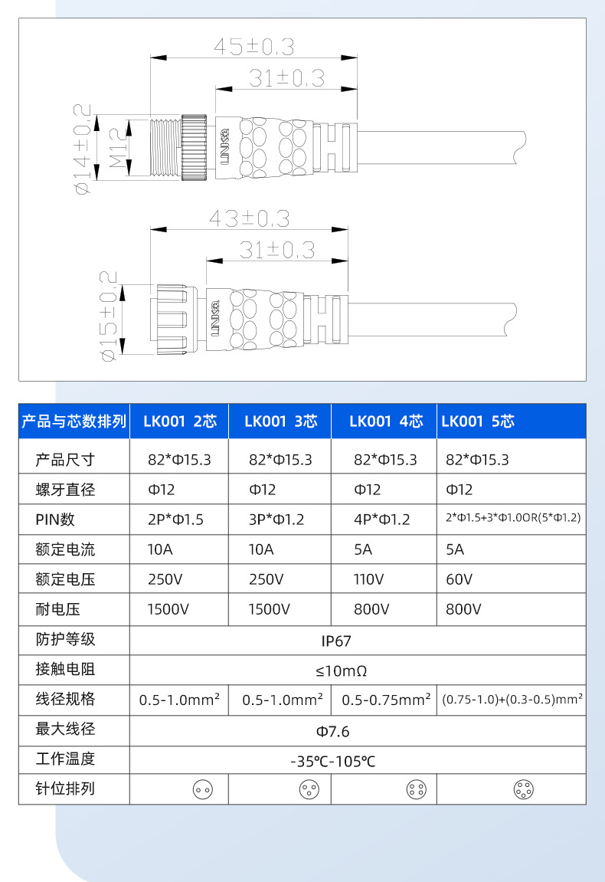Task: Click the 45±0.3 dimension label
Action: [x=253, y=47]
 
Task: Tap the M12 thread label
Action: [x=117, y=148]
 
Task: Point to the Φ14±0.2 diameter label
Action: [x=82, y=148]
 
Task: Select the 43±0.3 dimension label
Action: [x=250, y=218]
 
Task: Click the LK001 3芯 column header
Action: [x=280, y=421]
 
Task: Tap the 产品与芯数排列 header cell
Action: [x=74, y=421]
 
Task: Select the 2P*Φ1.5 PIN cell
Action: [x=175, y=520]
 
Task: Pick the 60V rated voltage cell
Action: [x=459, y=579]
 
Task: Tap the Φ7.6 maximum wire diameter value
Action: [x=332, y=731]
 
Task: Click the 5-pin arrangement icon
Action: [x=524, y=789]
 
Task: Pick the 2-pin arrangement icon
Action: [x=202, y=789]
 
